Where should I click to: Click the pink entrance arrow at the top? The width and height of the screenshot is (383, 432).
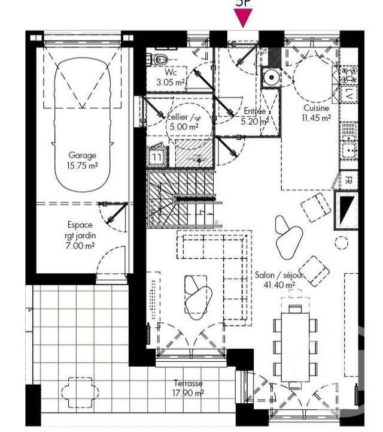[x=242, y=19]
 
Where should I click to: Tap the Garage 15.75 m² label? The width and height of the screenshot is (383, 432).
[x=82, y=161]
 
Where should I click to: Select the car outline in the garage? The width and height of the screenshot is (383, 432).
[x=82, y=120]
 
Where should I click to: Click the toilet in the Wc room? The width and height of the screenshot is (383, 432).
[x=159, y=59]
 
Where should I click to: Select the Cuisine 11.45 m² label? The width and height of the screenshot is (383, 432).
[x=317, y=113]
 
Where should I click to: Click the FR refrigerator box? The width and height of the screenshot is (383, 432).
[x=347, y=180]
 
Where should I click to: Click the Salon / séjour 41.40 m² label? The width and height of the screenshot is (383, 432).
[x=279, y=280]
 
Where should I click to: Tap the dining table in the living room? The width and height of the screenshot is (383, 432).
[x=296, y=345]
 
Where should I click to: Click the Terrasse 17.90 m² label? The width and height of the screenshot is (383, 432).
[x=189, y=388]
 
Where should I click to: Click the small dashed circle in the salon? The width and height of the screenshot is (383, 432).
[x=341, y=243]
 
